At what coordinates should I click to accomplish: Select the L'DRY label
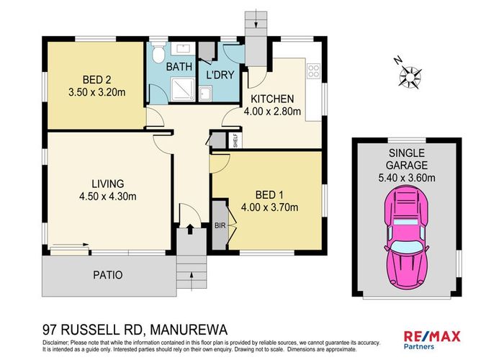[218, 75]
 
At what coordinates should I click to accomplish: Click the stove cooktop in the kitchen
[313, 71]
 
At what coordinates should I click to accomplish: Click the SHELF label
[235, 140]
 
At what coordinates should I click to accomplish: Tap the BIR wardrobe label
[220, 225]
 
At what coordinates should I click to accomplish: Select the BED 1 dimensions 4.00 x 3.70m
[270, 208]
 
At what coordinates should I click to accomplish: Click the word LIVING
[108, 183]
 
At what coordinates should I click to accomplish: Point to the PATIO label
[107, 275]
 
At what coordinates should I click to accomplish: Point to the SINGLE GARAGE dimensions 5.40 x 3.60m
[407, 178]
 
